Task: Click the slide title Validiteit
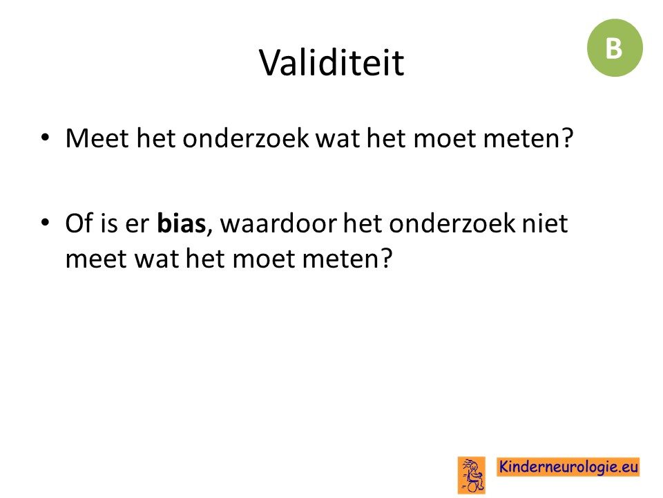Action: [331, 63]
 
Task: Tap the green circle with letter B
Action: [615, 48]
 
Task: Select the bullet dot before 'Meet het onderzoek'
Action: [46, 138]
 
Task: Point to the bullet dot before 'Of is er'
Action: [46, 223]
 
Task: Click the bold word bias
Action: [182, 223]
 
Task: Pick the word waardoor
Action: [278, 223]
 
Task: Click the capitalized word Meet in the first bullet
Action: [97, 138]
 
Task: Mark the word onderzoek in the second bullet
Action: [452, 223]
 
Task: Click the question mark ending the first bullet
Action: [567, 138]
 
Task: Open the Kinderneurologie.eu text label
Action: [568, 467]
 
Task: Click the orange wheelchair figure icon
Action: [472, 475]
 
